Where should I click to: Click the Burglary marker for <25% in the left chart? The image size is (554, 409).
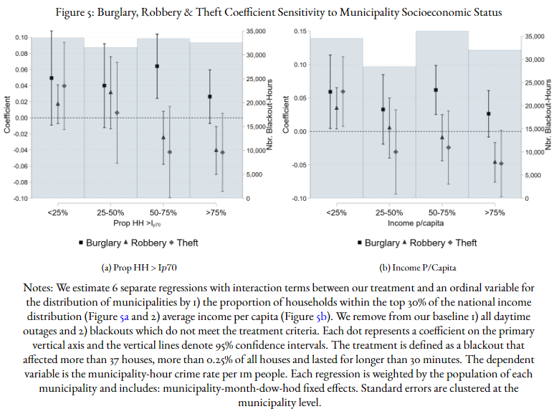52,77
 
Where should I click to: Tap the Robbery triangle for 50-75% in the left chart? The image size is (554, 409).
163,137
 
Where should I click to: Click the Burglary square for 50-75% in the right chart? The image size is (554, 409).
435,90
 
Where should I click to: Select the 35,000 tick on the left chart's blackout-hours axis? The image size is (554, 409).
256,32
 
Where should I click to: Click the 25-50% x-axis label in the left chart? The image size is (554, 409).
110,213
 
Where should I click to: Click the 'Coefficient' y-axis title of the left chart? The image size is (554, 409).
8,118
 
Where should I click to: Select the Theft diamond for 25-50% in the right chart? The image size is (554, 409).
396,151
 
